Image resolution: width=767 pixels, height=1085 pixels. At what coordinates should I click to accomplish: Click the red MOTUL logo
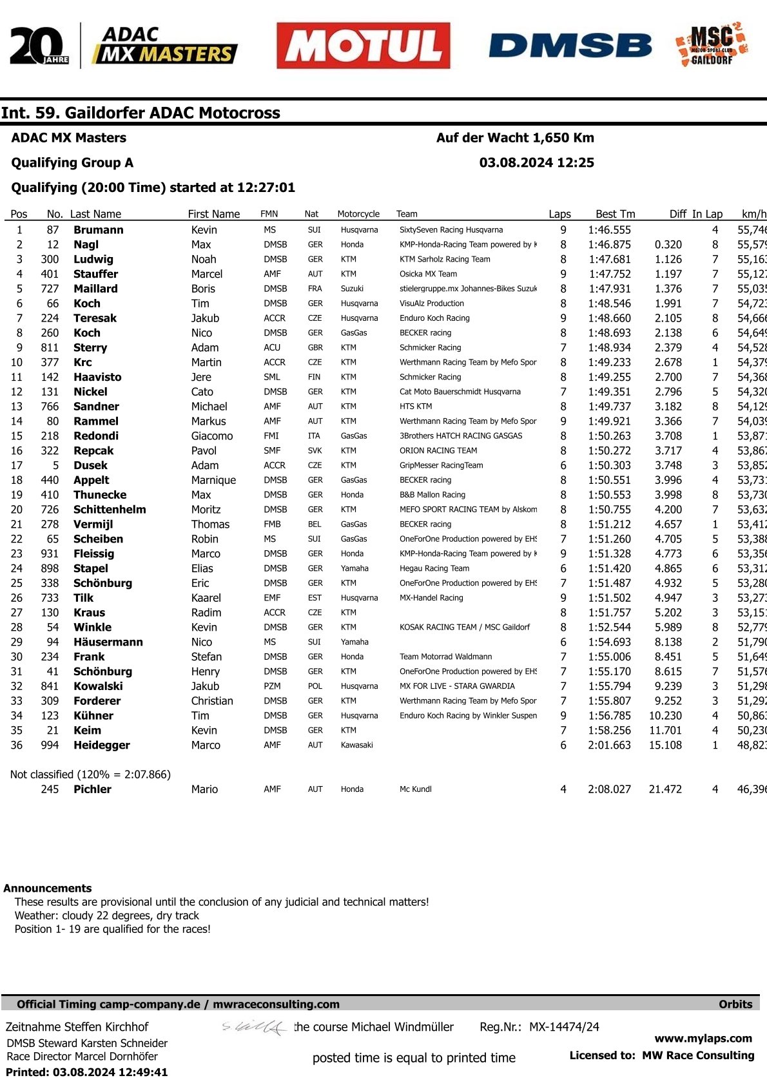click(x=363, y=46)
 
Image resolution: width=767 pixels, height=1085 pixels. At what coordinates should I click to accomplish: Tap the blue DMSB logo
click(x=570, y=46)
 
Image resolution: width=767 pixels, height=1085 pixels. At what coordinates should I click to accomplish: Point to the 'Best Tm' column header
click(x=615, y=214)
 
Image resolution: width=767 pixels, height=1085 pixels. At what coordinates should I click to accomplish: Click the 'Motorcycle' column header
click(x=358, y=214)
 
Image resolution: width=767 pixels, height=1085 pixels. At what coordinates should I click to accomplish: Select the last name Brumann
click(x=98, y=230)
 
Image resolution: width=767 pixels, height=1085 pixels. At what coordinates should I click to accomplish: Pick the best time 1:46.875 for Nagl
click(x=609, y=245)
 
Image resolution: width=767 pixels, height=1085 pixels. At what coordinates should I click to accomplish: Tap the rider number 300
click(x=50, y=259)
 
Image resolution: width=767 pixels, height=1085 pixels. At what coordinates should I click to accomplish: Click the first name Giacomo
click(x=212, y=436)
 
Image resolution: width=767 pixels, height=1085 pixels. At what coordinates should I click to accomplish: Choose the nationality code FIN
click(x=315, y=377)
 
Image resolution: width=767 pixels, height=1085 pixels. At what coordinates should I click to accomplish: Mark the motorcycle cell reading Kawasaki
click(x=356, y=745)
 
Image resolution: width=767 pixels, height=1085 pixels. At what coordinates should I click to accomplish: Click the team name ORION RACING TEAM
click(x=438, y=450)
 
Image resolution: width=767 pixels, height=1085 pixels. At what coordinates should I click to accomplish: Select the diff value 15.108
click(x=665, y=745)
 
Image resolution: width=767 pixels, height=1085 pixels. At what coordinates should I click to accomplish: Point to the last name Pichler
click(x=92, y=789)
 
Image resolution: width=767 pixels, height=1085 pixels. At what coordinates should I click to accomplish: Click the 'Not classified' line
click(x=90, y=774)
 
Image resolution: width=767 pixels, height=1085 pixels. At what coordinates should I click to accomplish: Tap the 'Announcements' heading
click(x=48, y=888)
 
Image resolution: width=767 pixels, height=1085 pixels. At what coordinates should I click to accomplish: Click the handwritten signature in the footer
click(x=254, y=1027)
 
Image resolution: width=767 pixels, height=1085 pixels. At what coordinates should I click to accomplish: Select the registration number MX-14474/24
click(x=564, y=1027)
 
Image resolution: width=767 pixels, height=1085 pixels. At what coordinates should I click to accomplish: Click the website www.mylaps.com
click(x=703, y=1038)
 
